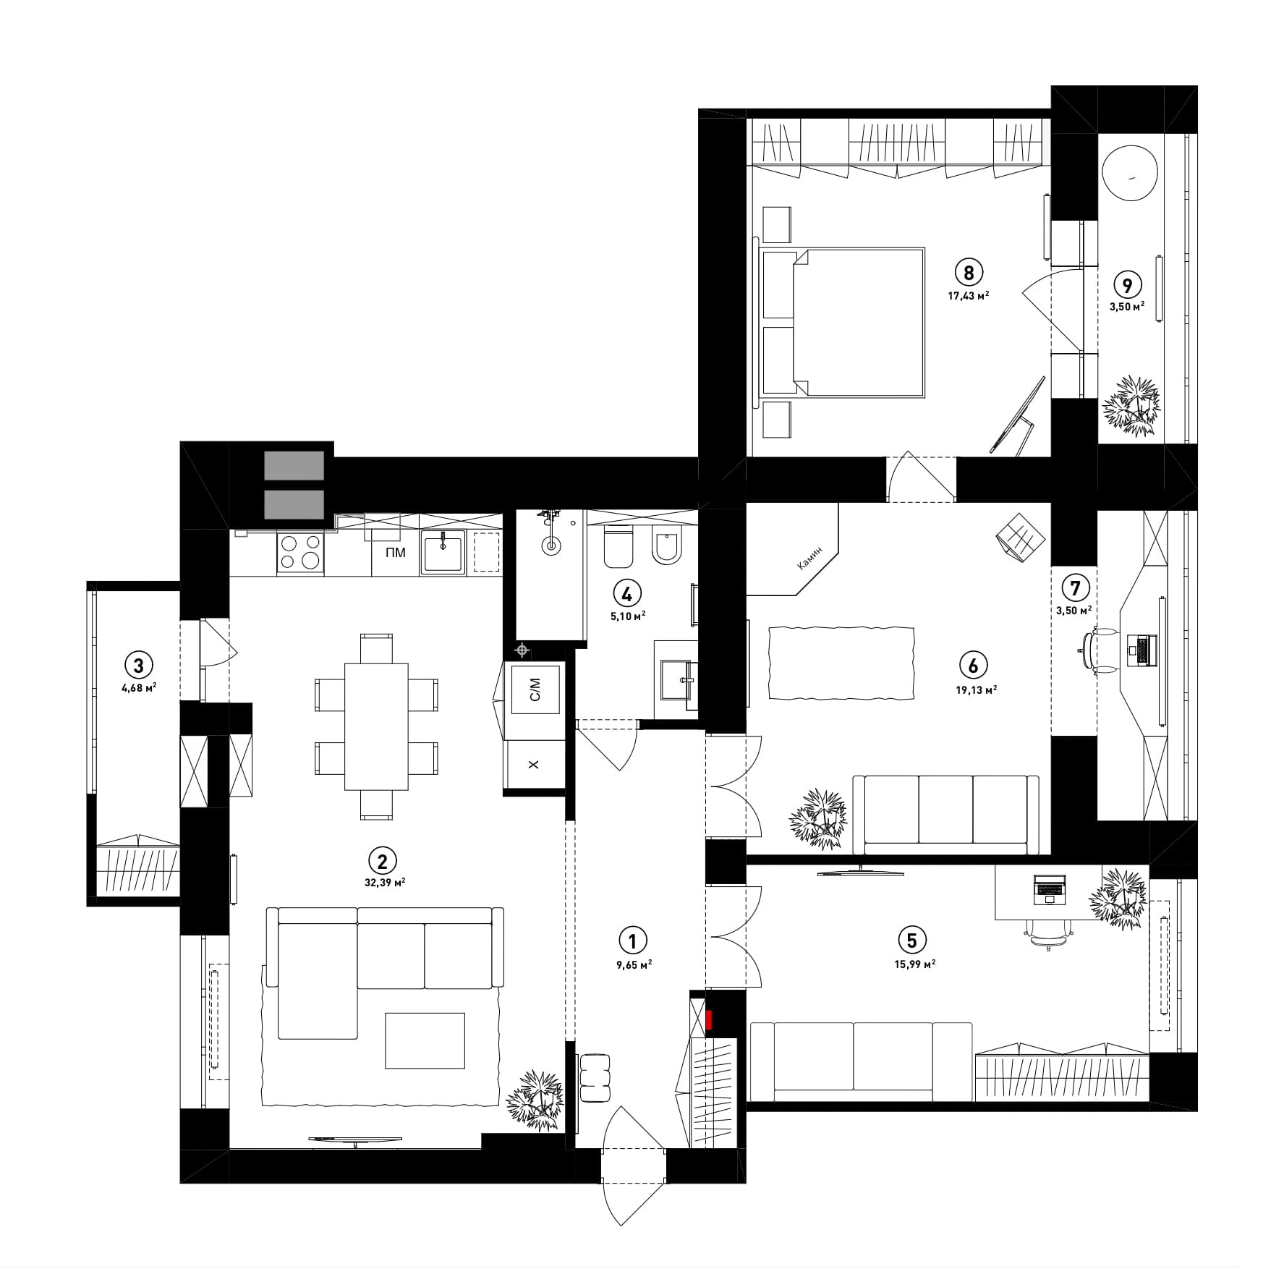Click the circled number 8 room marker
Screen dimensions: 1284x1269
pos(969,272)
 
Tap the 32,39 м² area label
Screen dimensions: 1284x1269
pos(383,882)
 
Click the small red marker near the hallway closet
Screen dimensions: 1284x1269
pos(710,1019)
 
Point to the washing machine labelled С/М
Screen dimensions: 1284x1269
pos(535,685)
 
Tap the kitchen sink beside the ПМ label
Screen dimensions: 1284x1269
pos(442,553)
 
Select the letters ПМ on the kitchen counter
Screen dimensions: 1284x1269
pos(396,553)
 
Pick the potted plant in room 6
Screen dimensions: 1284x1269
pos(818,819)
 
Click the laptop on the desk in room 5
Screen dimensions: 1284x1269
pos(1050,889)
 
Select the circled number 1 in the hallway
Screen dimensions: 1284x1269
pos(633,941)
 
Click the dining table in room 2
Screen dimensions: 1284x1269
pos(376,726)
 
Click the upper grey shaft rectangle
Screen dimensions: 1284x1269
pos(294,465)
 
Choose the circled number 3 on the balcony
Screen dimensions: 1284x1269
pos(139,663)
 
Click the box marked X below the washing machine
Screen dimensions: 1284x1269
pos(535,765)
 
